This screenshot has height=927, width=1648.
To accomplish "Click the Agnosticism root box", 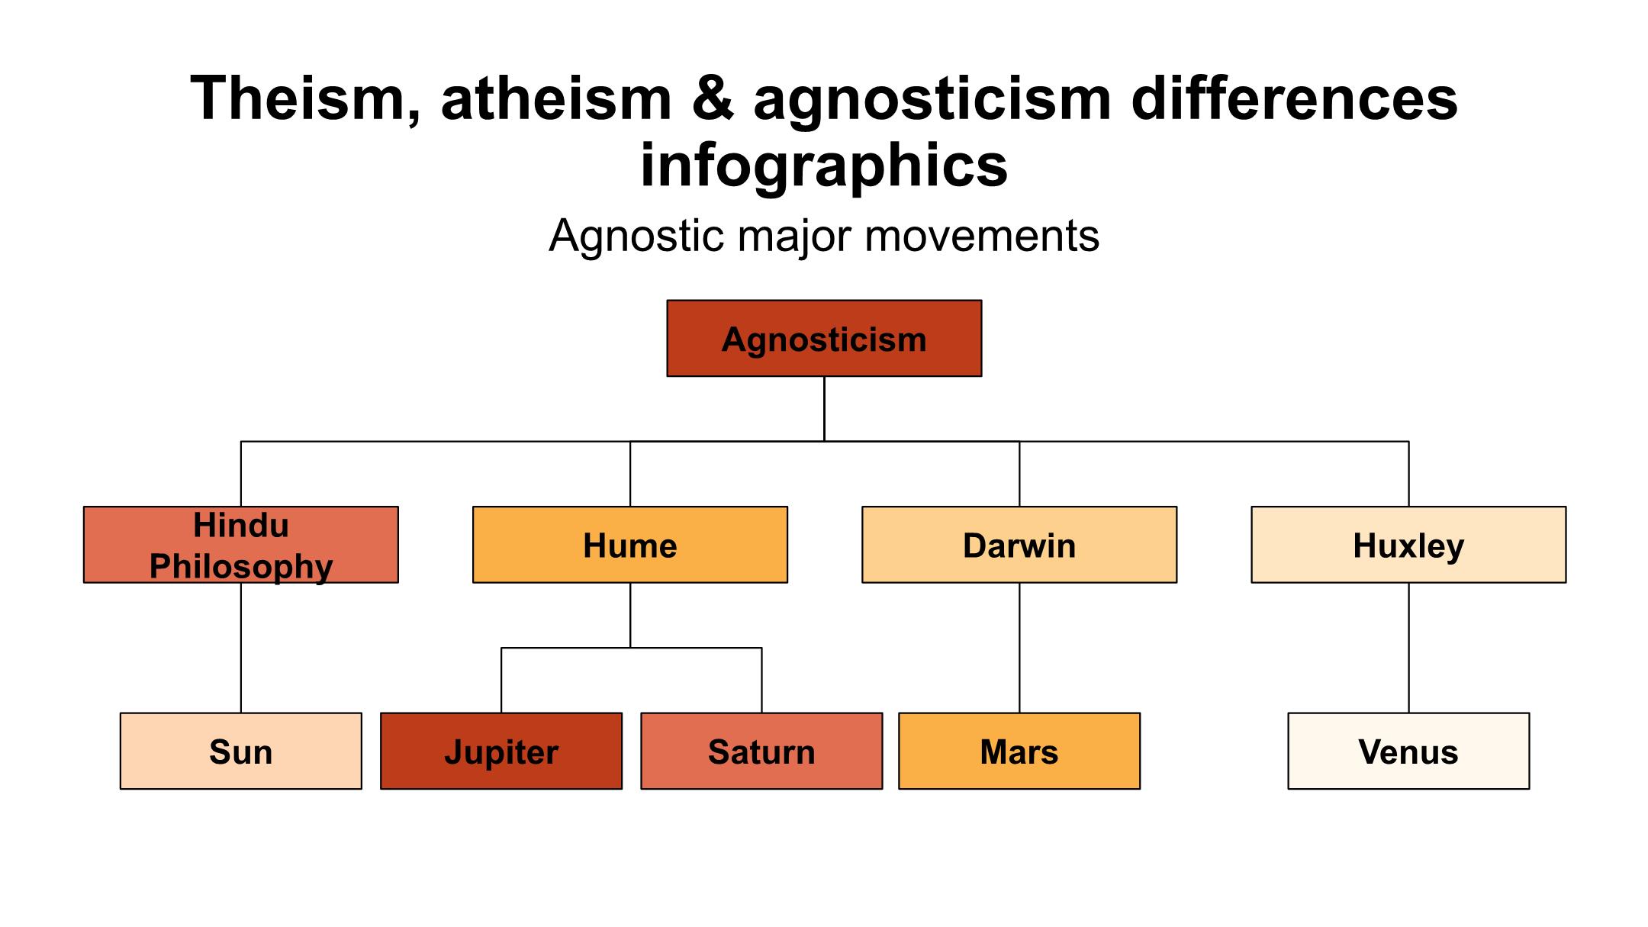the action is point(824,338).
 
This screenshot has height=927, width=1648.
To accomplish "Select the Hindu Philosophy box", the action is point(241,545).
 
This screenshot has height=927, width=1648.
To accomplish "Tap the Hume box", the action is point(630,545).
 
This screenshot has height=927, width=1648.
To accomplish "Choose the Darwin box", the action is point(1019,545).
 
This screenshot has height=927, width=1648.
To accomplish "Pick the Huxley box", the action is point(1408,545).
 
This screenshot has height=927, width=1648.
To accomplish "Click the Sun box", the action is point(241,751).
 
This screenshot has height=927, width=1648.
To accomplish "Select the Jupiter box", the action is point(501,751).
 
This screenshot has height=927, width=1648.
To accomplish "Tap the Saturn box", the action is point(761,751).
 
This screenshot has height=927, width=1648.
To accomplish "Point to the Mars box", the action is point(1019,751).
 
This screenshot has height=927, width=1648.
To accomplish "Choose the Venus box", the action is point(1408,751).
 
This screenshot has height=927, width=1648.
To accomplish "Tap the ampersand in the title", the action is point(713,98).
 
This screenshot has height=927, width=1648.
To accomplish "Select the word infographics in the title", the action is point(824,166).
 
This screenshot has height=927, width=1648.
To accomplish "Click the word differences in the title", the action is point(1294,98).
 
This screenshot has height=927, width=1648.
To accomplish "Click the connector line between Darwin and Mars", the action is point(1019,648).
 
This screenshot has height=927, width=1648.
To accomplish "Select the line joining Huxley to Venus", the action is point(1408,648).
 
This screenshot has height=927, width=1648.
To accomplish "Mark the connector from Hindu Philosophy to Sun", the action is point(241,648).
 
